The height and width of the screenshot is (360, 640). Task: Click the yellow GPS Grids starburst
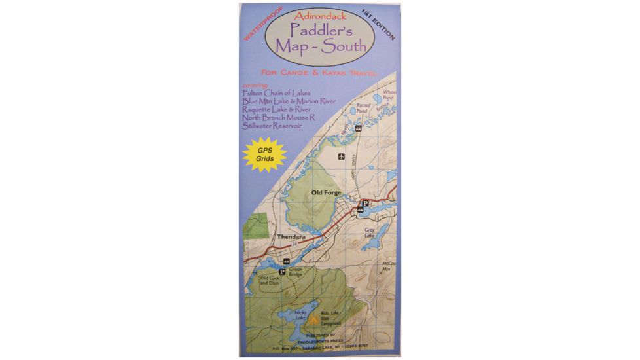pyautogui.click(x=264, y=158)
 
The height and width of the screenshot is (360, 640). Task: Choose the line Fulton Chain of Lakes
pyautogui.click(x=276, y=93)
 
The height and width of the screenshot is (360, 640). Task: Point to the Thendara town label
pyautogui.click(x=291, y=237)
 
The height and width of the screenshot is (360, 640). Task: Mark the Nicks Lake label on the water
pyautogui.click(x=301, y=314)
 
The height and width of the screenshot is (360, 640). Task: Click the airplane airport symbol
pyautogui.click(x=340, y=156)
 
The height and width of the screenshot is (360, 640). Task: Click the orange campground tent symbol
pyautogui.click(x=313, y=320)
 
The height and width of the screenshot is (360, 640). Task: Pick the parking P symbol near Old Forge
pyautogui.click(x=366, y=204)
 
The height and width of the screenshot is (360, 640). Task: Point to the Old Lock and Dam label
pyautogui.click(x=269, y=281)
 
